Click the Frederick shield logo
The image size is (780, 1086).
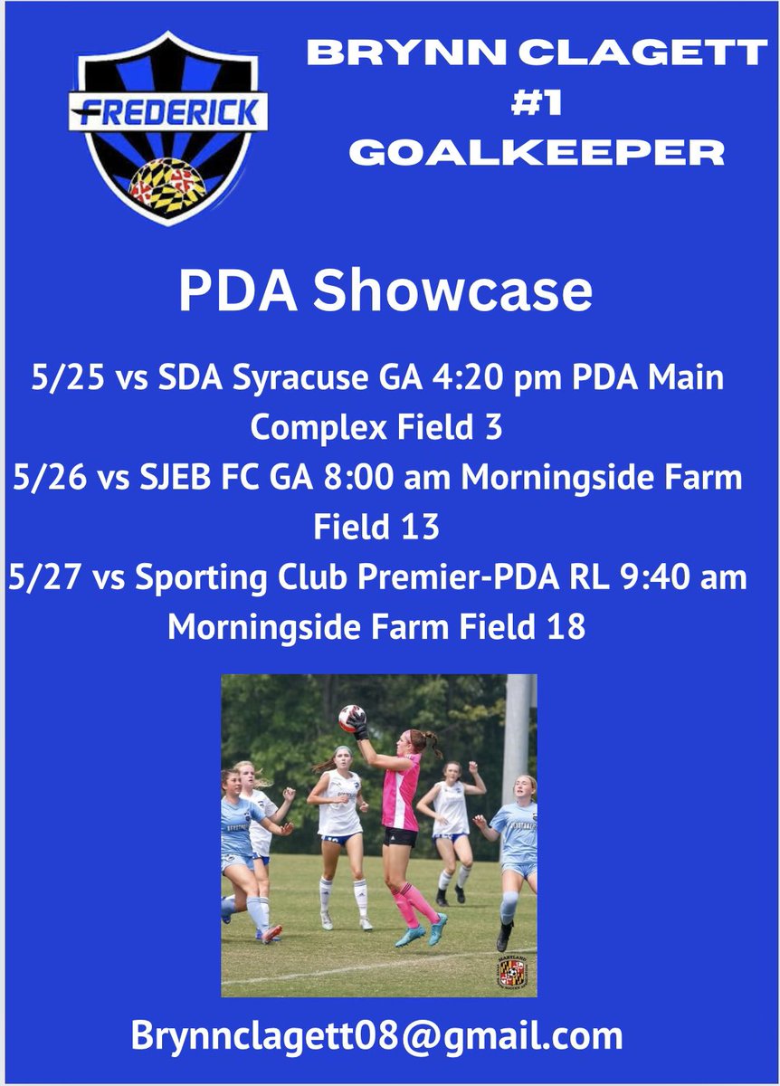click(167, 127)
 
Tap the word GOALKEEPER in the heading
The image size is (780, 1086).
click(537, 152)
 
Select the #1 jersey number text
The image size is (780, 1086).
click(537, 102)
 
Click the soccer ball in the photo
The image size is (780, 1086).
click(351, 719)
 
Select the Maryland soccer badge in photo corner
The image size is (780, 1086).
click(513, 974)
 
